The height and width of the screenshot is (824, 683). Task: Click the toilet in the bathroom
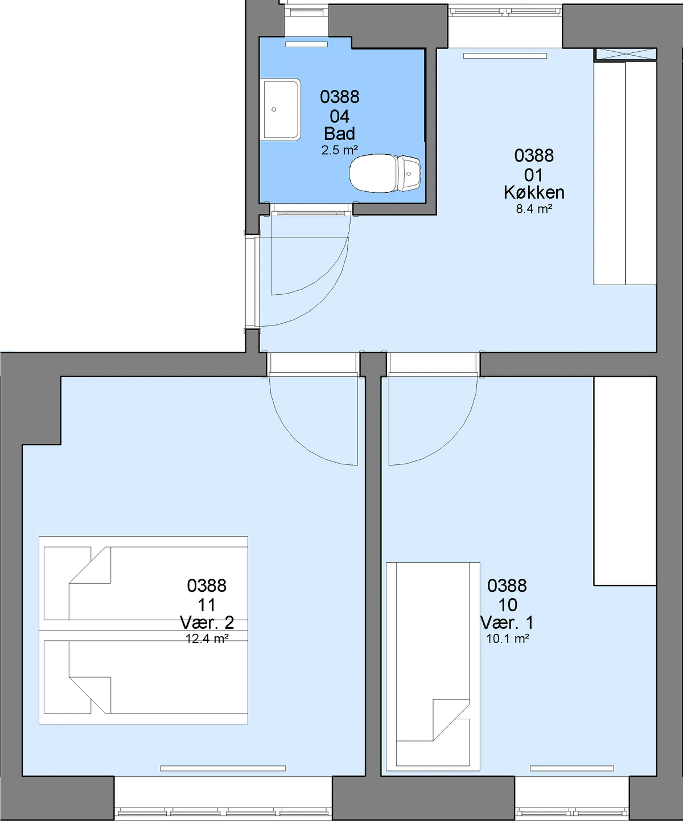pos(385,173)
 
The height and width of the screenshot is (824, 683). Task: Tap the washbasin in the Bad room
pos(280,110)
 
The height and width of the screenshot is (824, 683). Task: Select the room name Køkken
pos(534,192)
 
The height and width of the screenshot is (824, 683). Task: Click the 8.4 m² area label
pos(534,209)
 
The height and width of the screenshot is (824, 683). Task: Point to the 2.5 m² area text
pos(340,150)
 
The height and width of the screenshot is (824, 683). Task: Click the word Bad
pos(340,134)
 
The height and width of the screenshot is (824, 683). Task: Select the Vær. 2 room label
pos(207,623)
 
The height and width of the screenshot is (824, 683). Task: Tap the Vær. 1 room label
pos(507,623)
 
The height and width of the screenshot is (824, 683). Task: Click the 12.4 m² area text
pos(207,638)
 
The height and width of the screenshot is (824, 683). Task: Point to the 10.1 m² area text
pos(507,638)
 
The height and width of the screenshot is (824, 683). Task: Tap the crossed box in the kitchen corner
pos(626,55)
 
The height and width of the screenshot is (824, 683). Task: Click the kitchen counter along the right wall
pos(626,173)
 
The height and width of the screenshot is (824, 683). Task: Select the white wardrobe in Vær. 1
pos(626,481)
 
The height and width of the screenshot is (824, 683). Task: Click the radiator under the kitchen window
pos(505,56)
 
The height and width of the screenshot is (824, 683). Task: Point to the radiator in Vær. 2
pos(223,768)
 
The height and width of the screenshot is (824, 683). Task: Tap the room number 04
pos(340,117)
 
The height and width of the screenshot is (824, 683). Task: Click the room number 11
pos(207,605)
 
